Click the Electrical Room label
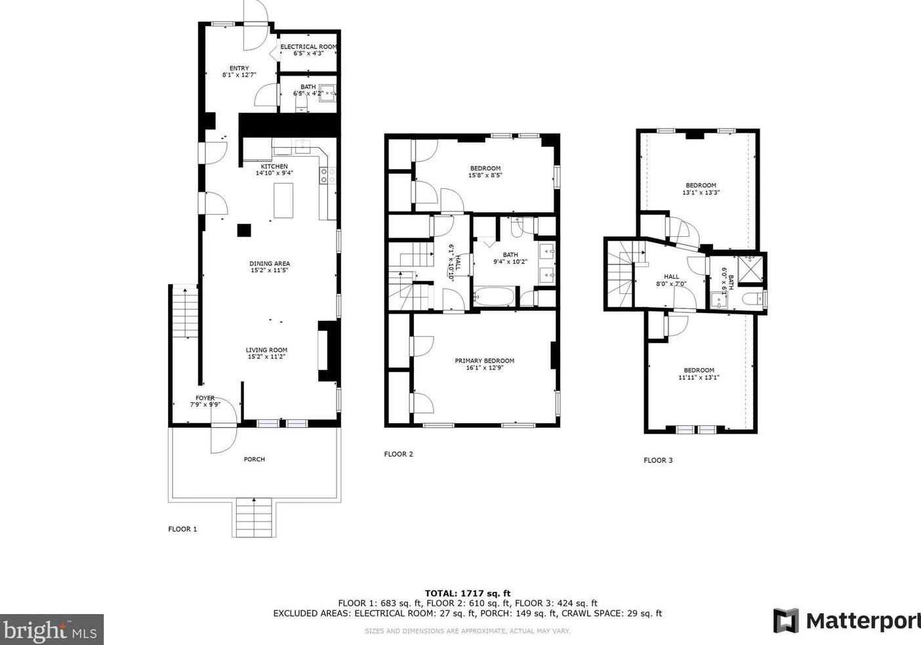[308, 50]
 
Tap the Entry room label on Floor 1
[239, 72]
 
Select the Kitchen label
[274, 169]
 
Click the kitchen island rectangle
[283, 200]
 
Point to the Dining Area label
[269, 266]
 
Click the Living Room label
[266, 353]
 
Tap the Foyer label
[205, 401]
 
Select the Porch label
[254, 459]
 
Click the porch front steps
[253, 517]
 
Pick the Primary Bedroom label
[484, 364]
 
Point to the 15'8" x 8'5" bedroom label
[485, 172]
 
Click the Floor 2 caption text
[398, 454]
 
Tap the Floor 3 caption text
[658, 461]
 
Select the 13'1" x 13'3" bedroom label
[701, 189]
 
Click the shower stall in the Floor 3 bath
[749, 270]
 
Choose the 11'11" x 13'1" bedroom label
[699, 373]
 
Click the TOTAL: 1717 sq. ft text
[467, 593]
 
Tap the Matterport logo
[846, 621]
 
